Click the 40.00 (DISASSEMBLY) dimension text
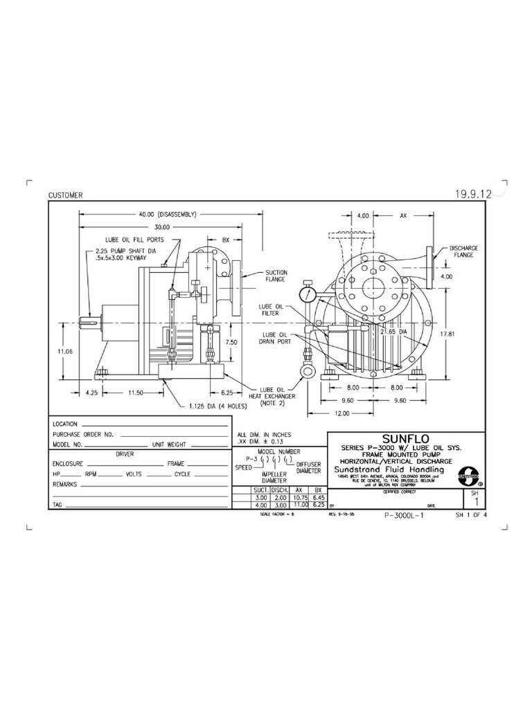(x=168, y=214)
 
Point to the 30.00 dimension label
(x=162, y=227)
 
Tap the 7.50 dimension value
(x=233, y=342)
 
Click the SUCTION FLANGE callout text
(x=275, y=276)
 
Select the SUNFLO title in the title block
(x=396, y=439)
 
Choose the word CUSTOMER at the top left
(x=65, y=195)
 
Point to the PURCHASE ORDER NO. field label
(x=82, y=434)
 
